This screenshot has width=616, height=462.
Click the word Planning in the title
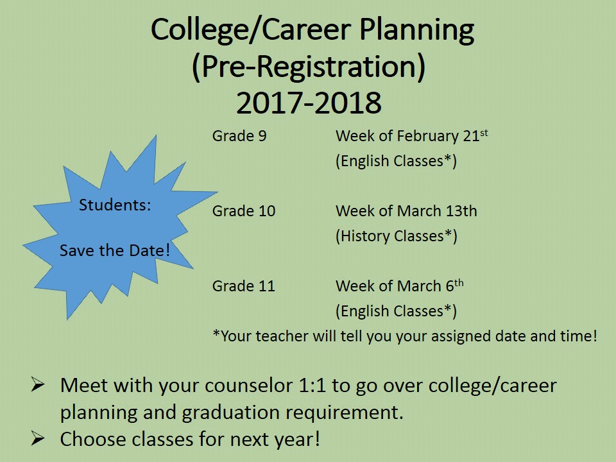click(416, 31)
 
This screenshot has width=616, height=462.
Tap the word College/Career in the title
click(251, 30)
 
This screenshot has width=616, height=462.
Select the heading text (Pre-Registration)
click(309, 66)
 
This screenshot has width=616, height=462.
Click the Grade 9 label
click(239, 136)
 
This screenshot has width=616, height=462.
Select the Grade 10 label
click(244, 211)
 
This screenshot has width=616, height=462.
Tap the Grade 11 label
click(244, 286)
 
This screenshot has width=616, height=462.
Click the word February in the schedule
click(427, 137)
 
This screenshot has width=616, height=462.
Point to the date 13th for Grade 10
click(461, 211)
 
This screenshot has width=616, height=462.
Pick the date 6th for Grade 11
click(455, 285)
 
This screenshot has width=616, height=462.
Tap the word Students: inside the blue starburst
click(115, 205)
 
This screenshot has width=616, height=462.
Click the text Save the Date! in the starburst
click(115, 251)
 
